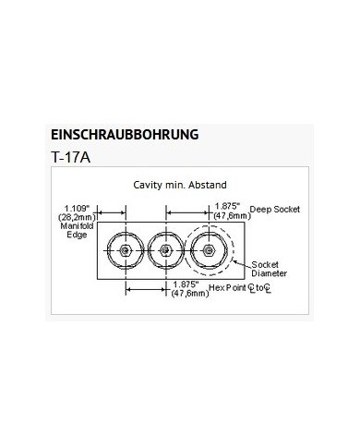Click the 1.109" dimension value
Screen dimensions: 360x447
click(x=77, y=207)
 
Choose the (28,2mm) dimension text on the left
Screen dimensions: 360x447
click(x=77, y=217)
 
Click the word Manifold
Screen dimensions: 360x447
click(x=77, y=226)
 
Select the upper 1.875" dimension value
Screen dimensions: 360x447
click(x=225, y=207)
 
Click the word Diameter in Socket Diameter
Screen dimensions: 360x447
click(x=270, y=274)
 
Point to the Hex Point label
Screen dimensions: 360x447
click(x=227, y=288)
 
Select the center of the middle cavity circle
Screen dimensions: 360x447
click(x=163, y=250)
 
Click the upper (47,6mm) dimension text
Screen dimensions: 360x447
click(x=227, y=215)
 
